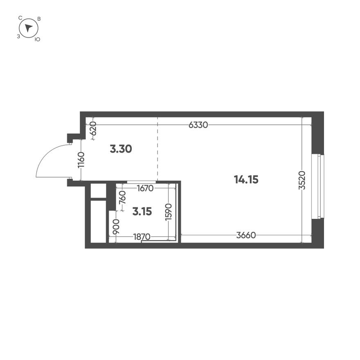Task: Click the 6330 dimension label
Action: point(198,125)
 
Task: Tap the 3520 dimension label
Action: point(302,180)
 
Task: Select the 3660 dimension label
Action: point(246,235)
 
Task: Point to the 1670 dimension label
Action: point(145,189)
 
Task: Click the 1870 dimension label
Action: point(142,236)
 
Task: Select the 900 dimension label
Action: point(116,226)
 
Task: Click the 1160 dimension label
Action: point(81,160)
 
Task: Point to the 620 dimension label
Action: point(93,128)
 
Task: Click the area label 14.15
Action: point(246,179)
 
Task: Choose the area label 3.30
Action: point(121,149)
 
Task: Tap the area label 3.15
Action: point(142,211)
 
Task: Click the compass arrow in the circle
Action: point(28,28)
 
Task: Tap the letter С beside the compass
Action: point(20,18)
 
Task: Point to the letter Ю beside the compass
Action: point(37,39)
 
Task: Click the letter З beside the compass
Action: point(18,36)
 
